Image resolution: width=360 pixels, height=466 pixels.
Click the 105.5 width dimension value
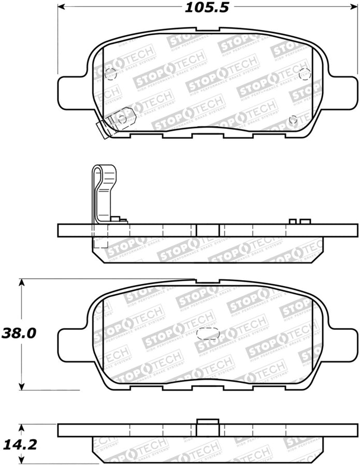point(206,7)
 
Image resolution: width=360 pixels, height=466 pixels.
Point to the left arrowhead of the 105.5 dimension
point(60,7)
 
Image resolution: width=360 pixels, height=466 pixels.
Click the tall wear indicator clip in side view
point(104,192)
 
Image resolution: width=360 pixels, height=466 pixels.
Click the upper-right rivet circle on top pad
point(304,73)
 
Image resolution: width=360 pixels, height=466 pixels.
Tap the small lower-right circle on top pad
point(293,120)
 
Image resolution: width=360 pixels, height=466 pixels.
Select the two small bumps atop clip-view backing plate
point(299,222)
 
